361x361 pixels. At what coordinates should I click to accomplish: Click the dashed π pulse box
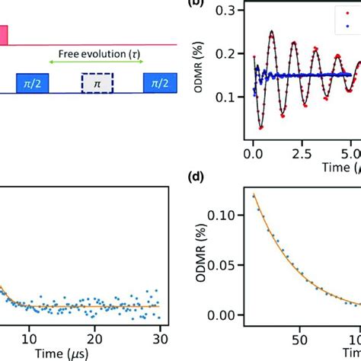97,82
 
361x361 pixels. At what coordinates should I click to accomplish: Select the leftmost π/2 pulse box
32,82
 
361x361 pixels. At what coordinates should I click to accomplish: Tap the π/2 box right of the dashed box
158,82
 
